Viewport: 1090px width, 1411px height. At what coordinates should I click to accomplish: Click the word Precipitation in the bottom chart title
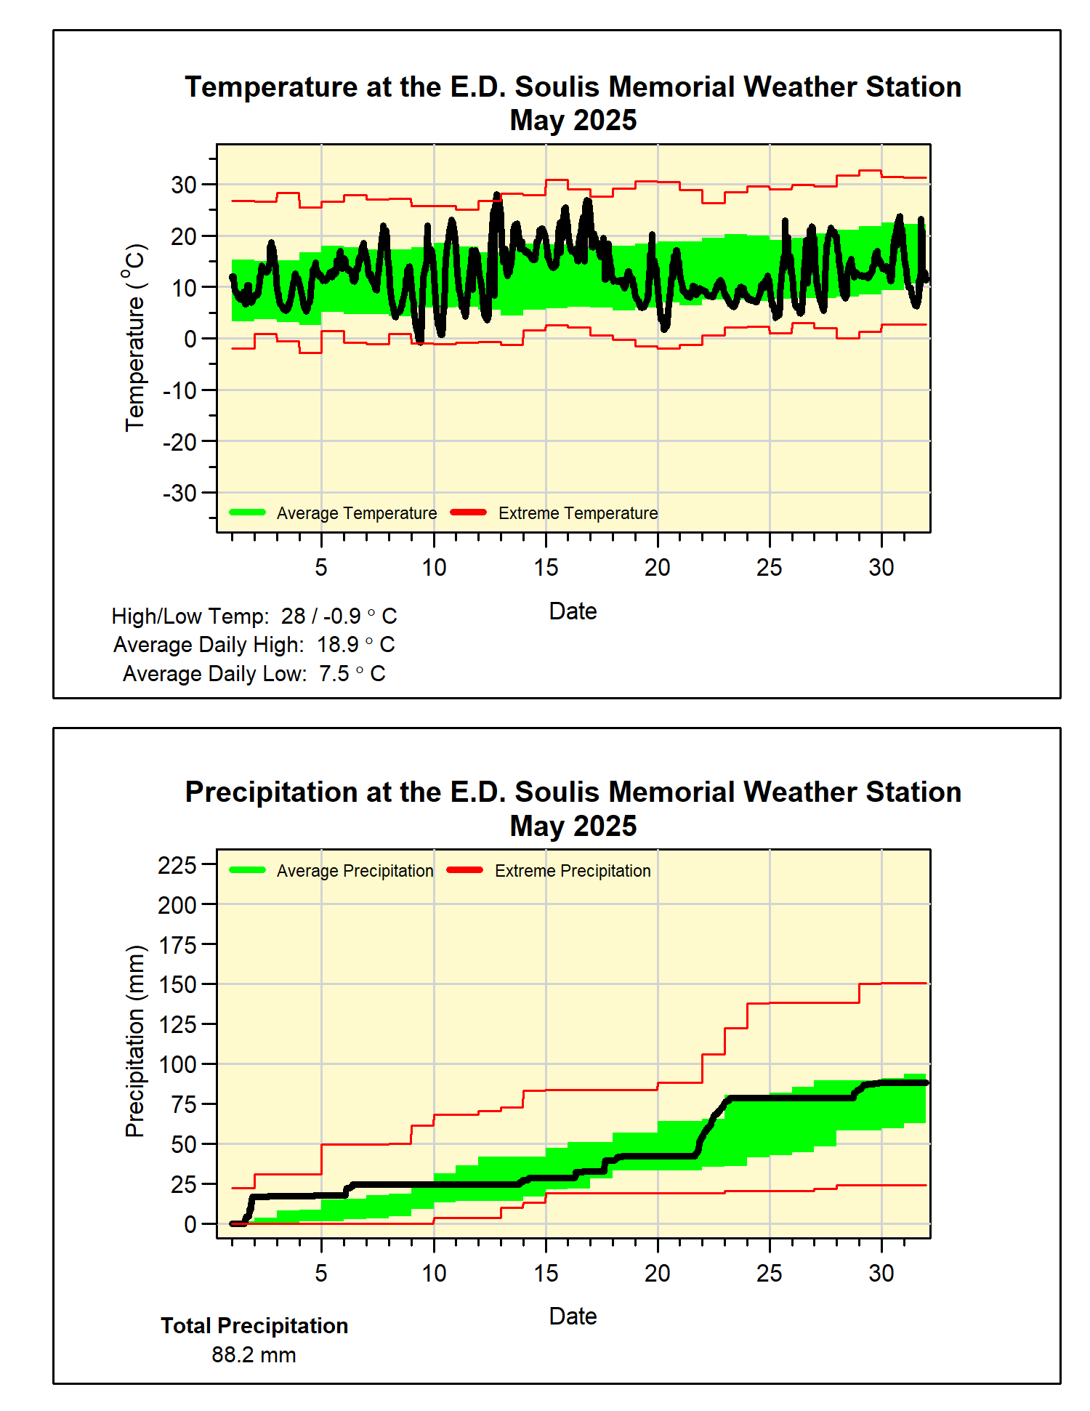coord(271,792)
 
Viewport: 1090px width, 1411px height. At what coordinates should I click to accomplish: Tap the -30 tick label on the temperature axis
coord(179,494)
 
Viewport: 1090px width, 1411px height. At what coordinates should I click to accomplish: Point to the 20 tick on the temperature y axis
coord(184,236)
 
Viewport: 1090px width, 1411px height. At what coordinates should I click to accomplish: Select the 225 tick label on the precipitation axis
coord(177,865)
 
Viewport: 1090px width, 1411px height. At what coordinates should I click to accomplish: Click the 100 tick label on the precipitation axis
coord(177,1065)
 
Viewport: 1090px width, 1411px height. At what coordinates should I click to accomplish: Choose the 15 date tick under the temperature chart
coord(546,568)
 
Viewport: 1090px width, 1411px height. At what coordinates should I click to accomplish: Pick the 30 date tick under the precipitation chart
coord(881,1274)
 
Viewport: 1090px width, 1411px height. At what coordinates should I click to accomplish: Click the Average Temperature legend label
coord(356,513)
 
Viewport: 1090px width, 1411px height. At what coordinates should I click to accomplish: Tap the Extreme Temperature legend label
coord(578,513)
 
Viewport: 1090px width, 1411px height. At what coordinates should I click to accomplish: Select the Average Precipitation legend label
coord(355,871)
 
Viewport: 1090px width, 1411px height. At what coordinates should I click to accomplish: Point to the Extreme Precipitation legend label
coord(573,871)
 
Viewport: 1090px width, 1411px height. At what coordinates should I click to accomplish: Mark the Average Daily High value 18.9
coord(338,645)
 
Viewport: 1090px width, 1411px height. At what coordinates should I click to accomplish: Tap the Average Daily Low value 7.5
coord(334,674)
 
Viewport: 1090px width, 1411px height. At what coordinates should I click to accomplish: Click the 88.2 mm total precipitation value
coord(254,1355)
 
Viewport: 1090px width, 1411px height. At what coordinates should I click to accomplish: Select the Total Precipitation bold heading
coord(254,1326)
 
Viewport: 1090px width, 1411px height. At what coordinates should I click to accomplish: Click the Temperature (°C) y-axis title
coord(135,338)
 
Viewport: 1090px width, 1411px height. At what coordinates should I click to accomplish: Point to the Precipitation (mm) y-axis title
coord(135,1042)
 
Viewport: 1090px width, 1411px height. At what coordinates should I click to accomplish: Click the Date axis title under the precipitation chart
coord(573,1316)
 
